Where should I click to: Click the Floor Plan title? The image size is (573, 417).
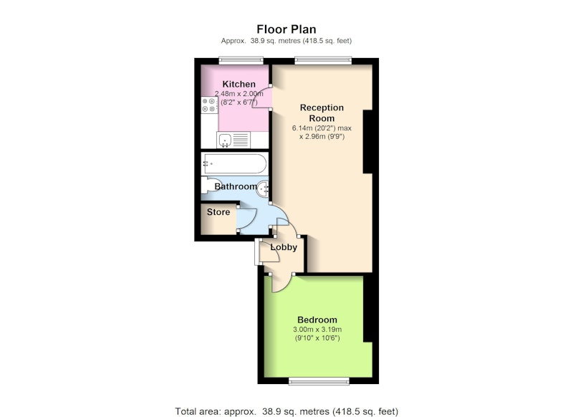point(286,29)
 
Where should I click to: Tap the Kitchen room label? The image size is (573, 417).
point(239,84)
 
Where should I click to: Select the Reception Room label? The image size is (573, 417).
point(322,113)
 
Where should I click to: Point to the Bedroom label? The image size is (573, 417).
point(317,320)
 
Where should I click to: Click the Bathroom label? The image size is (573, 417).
point(236,186)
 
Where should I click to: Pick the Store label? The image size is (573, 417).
point(218,212)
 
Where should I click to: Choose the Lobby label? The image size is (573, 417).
point(284,247)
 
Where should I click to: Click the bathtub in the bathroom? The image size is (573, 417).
point(235,163)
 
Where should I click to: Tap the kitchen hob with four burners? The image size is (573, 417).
point(210,105)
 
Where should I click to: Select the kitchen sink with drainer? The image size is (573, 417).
point(233,140)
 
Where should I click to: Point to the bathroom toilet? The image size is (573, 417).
point(208,186)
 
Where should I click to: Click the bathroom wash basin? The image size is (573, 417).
point(263,188)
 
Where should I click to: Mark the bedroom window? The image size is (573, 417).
point(319,381)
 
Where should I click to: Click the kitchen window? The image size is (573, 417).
point(241,60)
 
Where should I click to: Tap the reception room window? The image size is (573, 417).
point(323,60)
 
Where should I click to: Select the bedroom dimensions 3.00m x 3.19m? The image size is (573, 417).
point(317,330)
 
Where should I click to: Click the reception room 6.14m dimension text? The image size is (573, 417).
point(322,128)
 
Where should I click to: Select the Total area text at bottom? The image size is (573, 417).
point(286,411)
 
